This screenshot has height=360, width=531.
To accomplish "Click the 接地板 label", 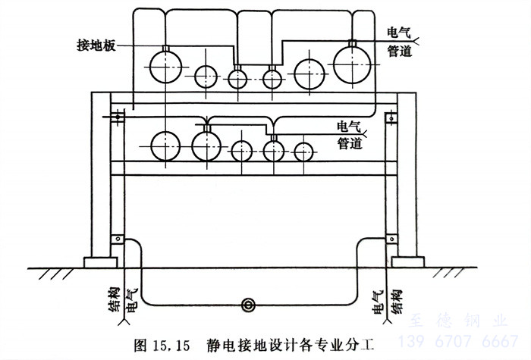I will [x=96, y=43].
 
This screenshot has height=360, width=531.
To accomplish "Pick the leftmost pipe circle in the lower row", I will [x=167, y=145].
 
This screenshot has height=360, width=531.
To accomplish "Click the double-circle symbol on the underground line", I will [x=247, y=305].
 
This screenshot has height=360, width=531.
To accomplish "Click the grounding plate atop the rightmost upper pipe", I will [x=351, y=42].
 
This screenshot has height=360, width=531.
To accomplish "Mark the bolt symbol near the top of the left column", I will [x=117, y=118].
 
